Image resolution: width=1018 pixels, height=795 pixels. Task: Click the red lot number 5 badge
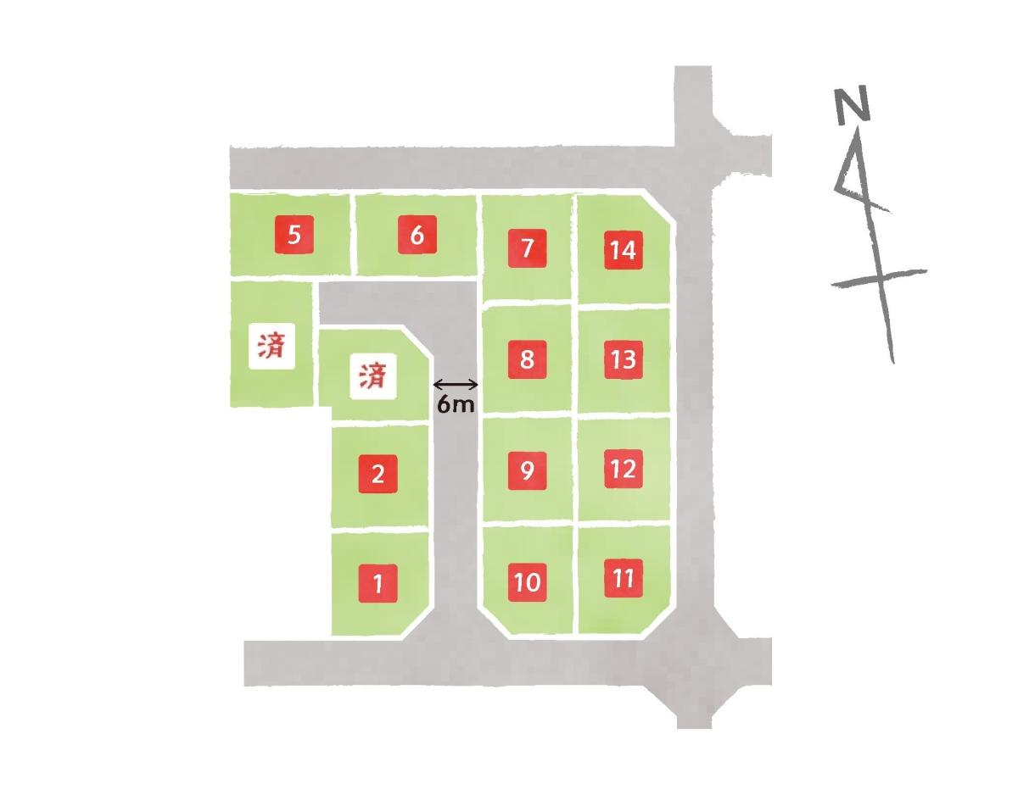[x=294, y=235]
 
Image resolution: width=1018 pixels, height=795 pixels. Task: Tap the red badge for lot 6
[x=417, y=235]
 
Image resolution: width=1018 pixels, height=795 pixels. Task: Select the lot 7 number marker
[x=527, y=248]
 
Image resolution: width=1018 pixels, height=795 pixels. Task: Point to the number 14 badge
[x=623, y=250]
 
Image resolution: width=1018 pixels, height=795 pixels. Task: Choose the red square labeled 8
[x=527, y=359]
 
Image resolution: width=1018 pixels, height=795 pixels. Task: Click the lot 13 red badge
[x=623, y=359]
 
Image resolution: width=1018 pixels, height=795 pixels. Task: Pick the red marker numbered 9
[x=527, y=470]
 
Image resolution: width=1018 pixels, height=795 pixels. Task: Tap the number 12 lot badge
[x=623, y=469]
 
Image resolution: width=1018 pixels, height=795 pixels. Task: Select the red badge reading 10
[x=527, y=582]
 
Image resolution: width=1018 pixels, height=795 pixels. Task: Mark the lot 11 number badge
[x=623, y=578]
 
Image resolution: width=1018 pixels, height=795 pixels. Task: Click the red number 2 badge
[x=378, y=474]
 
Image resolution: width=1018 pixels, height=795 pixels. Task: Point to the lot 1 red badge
[x=378, y=583]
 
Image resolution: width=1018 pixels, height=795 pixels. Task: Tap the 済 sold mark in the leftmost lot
[x=271, y=347]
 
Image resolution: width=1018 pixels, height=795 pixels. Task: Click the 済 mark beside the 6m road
[x=373, y=376]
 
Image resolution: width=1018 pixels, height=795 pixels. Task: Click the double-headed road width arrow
[x=456, y=385]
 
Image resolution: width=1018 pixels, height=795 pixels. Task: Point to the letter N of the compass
[x=853, y=105]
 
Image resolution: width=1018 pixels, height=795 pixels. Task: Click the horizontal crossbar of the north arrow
[x=879, y=278]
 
